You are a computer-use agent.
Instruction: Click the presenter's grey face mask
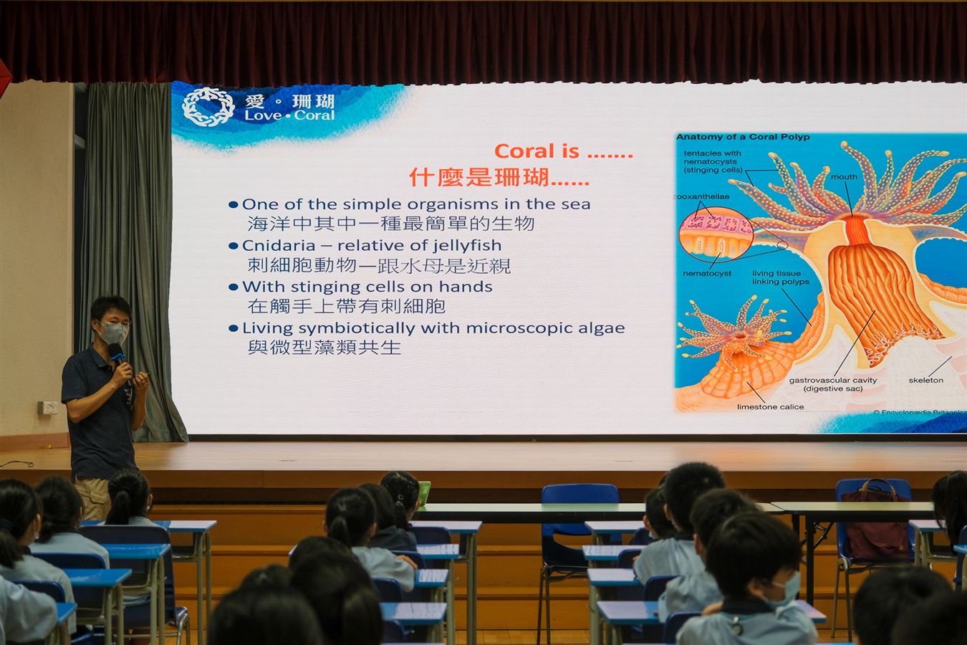[x=113, y=333]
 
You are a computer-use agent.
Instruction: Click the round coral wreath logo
[x=208, y=107]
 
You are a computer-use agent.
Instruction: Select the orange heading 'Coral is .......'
[x=563, y=151]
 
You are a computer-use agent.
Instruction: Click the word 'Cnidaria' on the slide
[x=279, y=245]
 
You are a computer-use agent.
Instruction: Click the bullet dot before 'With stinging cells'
[x=233, y=287]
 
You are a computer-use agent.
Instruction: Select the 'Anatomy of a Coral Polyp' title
[x=743, y=137]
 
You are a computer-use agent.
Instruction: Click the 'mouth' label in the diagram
[x=844, y=177]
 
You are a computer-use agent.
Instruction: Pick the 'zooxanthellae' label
[x=702, y=196]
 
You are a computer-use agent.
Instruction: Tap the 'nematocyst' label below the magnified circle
[x=707, y=273]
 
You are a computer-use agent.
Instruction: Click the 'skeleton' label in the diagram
[x=926, y=380]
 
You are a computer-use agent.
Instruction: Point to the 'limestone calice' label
[x=771, y=406]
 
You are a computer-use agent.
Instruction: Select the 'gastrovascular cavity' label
[x=833, y=380]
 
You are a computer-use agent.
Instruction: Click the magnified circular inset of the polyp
[x=716, y=234]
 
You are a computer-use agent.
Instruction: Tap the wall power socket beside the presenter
[x=47, y=407]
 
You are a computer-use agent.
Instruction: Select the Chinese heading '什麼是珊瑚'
[x=499, y=177]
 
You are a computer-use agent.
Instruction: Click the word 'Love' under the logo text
[x=263, y=115]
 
